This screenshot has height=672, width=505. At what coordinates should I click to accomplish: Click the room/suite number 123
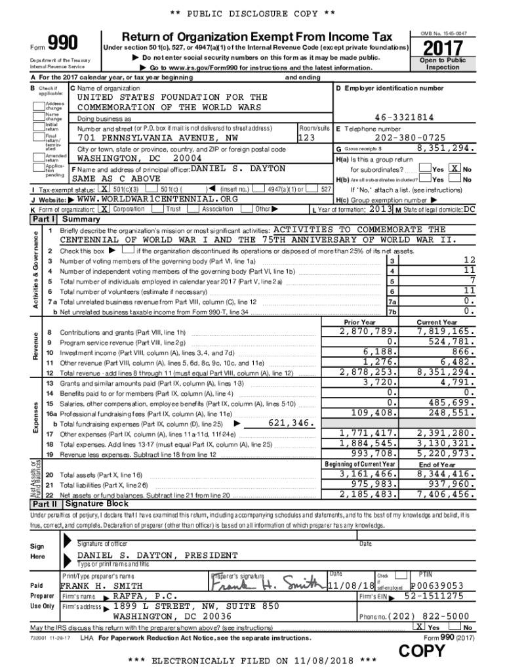pyautogui.click(x=307, y=138)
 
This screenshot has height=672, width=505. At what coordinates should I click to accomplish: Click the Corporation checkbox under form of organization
pyautogui.click(x=104, y=209)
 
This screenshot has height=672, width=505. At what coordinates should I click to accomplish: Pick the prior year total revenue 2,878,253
pyautogui.click(x=367, y=372)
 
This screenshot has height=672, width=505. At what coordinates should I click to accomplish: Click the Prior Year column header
pyautogui.click(x=359, y=322)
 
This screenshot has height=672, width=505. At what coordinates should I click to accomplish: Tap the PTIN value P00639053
pyautogui.click(x=437, y=585)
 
